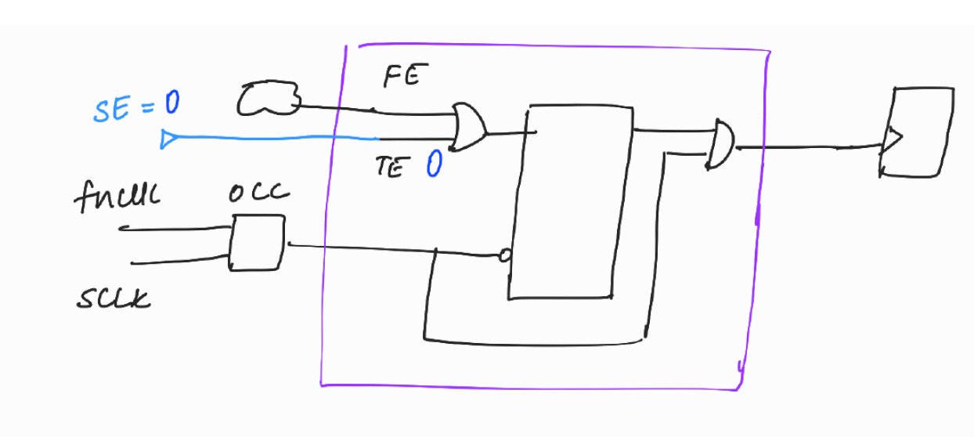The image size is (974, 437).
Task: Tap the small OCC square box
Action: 256,244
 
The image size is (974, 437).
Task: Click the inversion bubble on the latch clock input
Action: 505,255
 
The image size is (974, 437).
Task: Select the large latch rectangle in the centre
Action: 572,200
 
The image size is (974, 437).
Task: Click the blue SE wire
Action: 274,138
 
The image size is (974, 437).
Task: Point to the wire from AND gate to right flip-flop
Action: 806,146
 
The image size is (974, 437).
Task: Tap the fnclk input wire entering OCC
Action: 172,229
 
